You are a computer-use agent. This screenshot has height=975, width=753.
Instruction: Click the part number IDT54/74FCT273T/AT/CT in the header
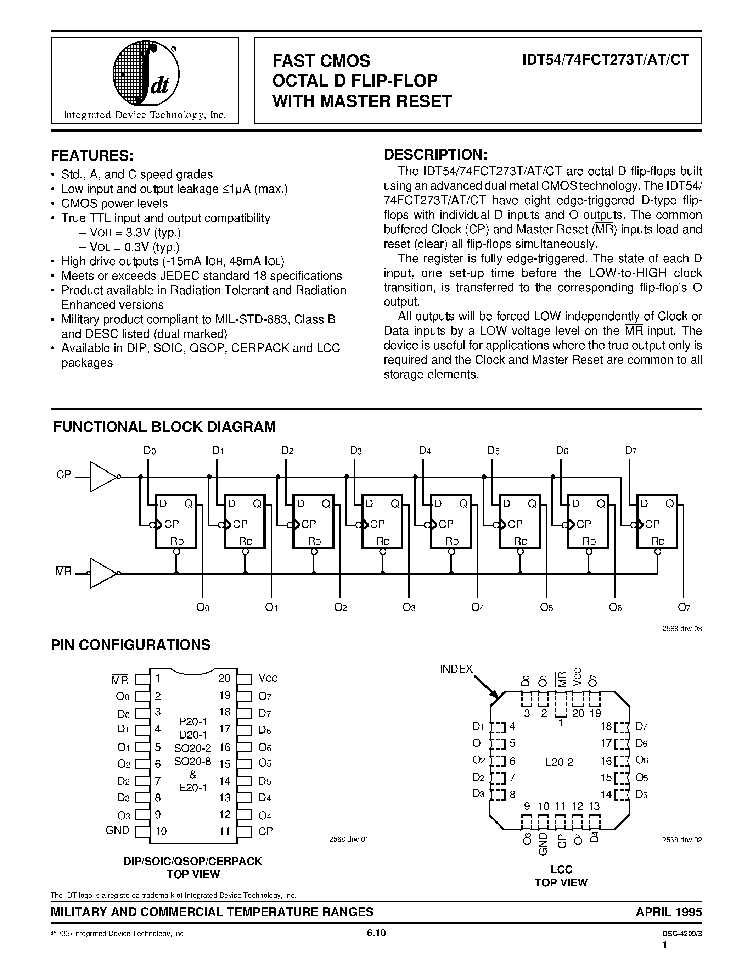(x=605, y=60)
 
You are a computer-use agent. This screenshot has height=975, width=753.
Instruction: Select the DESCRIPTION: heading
(x=435, y=155)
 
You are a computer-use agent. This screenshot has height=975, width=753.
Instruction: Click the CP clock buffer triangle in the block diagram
(x=104, y=477)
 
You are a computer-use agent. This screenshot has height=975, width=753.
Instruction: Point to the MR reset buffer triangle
(x=103, y=573)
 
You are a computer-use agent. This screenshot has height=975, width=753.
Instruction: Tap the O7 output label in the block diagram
(x=684, y=607)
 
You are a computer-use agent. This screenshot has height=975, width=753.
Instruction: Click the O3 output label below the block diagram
(x=409, y=607)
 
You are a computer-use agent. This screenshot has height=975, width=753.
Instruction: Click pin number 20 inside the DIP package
(x=224, y=678)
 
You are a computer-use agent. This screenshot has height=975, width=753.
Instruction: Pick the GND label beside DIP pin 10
(x=117, y=830)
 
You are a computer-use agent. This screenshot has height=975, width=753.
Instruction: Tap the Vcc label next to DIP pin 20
(x=268, y=679)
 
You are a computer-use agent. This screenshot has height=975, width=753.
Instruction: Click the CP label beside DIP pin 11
(x=265, y=831)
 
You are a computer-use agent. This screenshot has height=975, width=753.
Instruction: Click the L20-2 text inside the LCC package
(x=560, y=762)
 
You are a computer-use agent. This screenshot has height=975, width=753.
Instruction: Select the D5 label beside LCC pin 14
(x=641, y=794)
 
